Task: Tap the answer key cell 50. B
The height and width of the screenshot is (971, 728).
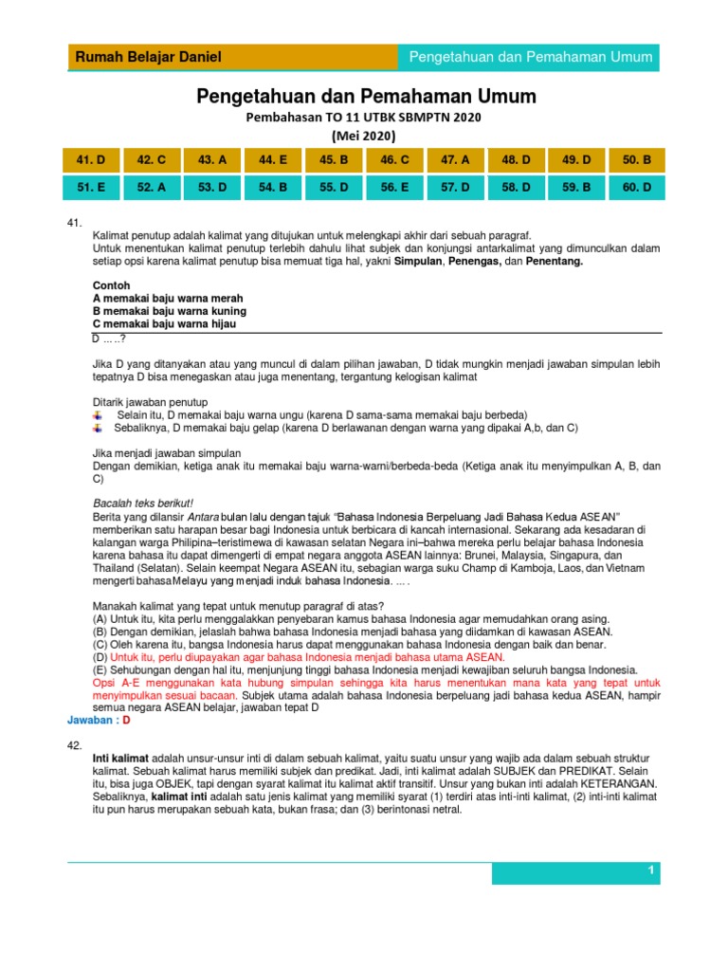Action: [637, 161]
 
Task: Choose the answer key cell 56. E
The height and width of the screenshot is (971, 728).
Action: [394, 188]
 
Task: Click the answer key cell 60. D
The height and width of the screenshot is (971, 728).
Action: [637, 188]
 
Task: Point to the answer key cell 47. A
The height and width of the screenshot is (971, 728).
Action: [456, 161]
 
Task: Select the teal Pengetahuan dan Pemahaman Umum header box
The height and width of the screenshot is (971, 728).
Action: [530, 58]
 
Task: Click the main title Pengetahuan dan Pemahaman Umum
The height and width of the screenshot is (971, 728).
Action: [366, 97]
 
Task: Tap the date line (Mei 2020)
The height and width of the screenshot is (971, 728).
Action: [365, 135]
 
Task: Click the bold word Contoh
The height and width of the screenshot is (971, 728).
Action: [111, 285]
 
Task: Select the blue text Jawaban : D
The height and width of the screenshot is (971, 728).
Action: [99, 721]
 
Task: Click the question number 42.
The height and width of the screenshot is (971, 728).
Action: [75, 746]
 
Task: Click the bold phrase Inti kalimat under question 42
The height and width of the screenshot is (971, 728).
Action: [120, 760]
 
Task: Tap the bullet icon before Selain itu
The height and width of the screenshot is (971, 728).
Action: [97, 415]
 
